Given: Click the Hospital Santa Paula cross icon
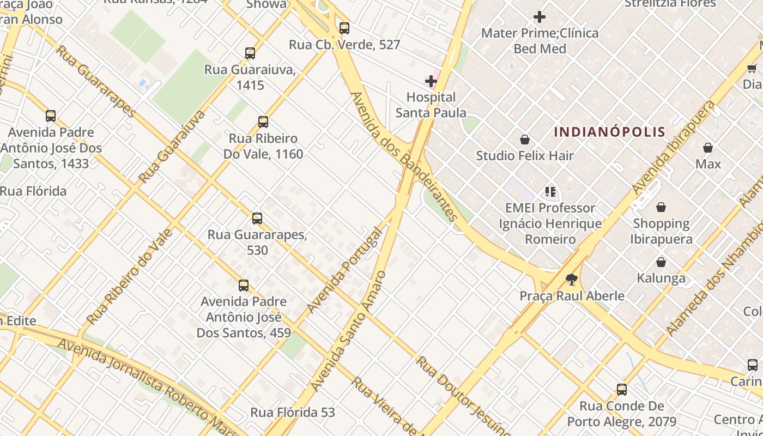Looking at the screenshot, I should [431, 82].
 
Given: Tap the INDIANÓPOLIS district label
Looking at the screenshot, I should [609, 132].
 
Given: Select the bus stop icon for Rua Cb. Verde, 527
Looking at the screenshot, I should [344, 28].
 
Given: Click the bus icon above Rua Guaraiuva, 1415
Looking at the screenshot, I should [250, 53].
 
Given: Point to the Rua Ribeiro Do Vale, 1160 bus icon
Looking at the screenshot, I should [263, 122].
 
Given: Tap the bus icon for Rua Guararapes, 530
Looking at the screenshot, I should [257, 219].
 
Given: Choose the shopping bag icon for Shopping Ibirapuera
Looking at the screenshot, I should [661, 207].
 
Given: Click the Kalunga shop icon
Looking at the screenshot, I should [661, 262].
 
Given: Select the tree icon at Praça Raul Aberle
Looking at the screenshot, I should [571, 280].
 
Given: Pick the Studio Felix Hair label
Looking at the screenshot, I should [525, 156].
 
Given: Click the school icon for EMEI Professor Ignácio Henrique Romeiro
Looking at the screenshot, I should [550, 192].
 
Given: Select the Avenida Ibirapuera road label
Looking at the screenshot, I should [673, 147].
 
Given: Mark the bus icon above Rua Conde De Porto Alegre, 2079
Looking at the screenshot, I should [622, 390].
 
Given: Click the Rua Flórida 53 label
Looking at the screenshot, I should [293, 413].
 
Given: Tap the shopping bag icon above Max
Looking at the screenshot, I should [708, 148].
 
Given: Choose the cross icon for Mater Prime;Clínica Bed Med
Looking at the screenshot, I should [540, 17].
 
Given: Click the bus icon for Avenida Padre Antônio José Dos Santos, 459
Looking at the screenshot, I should [244, 286].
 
